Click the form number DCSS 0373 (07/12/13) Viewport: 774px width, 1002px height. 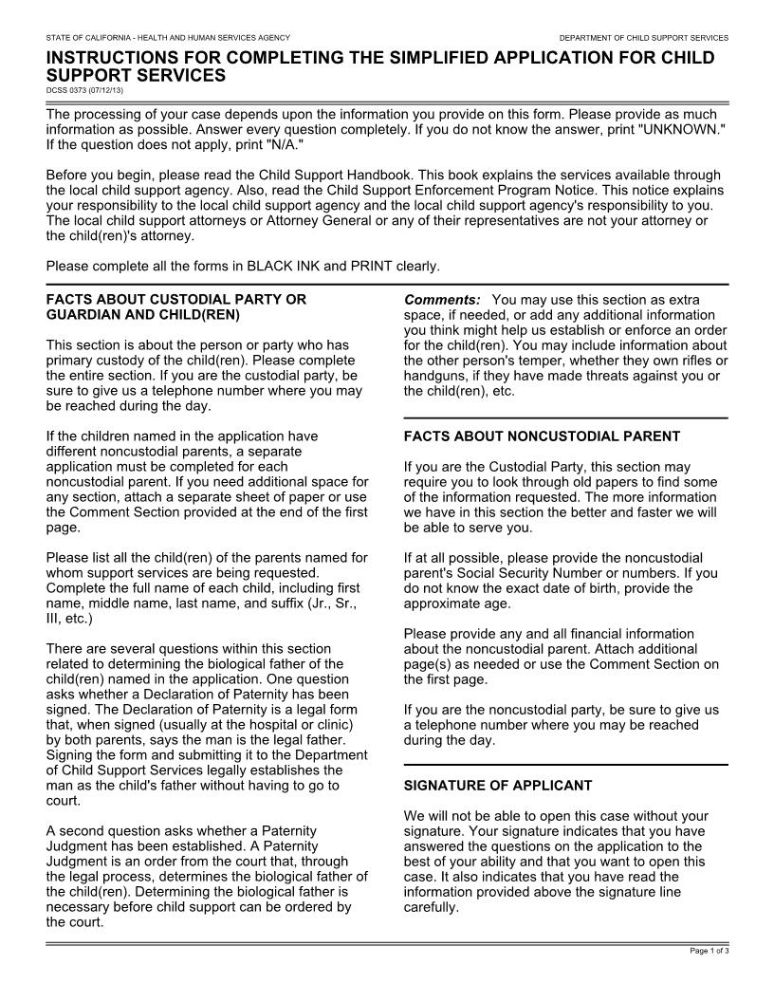pos(84,90)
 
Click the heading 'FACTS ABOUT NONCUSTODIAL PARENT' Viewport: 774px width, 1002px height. pos(542,436)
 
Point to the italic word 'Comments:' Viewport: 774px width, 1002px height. pos(442,300)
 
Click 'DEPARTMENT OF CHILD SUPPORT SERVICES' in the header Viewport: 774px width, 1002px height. pos(643,38)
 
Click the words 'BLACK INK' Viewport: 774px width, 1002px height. pos(282,266)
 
